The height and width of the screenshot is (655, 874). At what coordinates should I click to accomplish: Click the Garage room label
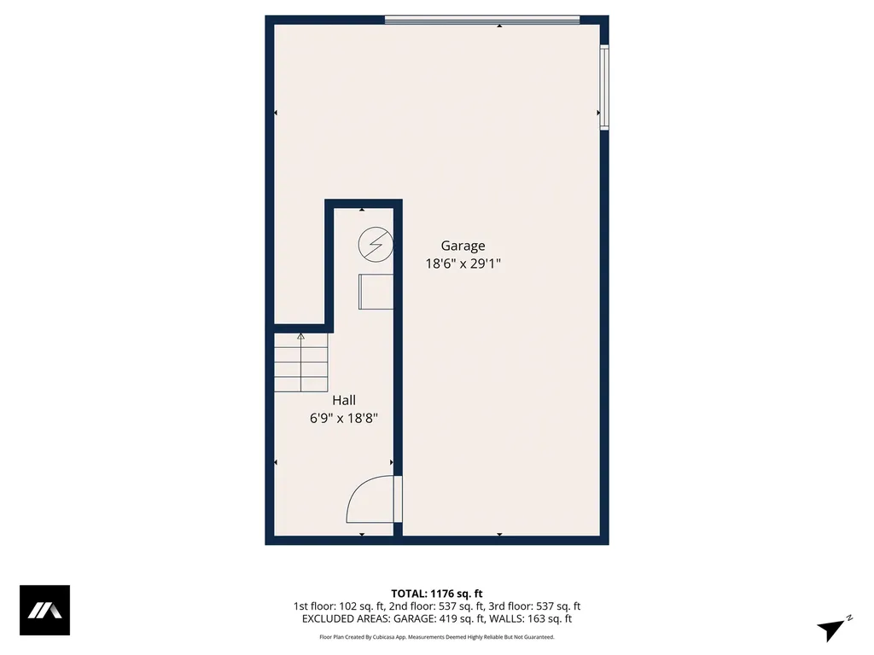point(463,246)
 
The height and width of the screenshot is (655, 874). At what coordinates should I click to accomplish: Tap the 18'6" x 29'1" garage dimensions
point(463,264)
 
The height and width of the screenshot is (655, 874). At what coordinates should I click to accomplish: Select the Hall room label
point(344,400)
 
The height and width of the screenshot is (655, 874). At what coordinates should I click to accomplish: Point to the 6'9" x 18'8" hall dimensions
point(344,419)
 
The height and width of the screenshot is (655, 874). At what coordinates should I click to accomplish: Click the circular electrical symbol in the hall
point(375,245)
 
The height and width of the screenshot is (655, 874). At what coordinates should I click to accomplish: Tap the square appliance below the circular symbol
point(376,292)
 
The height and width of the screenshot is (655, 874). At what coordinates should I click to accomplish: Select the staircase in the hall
point(301,362)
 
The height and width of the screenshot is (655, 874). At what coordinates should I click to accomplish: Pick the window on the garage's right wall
point(604,87)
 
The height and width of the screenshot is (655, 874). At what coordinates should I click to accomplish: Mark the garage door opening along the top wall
point(482,20)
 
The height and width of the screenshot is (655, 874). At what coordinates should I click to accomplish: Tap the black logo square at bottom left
point(44,610)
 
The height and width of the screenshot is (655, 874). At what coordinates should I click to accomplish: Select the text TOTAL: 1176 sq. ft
point(437,594)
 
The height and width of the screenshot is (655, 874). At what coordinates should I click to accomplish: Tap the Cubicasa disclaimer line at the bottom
point(437,637)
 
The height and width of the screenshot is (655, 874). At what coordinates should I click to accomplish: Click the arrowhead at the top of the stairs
point(300,337)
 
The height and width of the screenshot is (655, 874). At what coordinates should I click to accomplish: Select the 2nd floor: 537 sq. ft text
point(437,606)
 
